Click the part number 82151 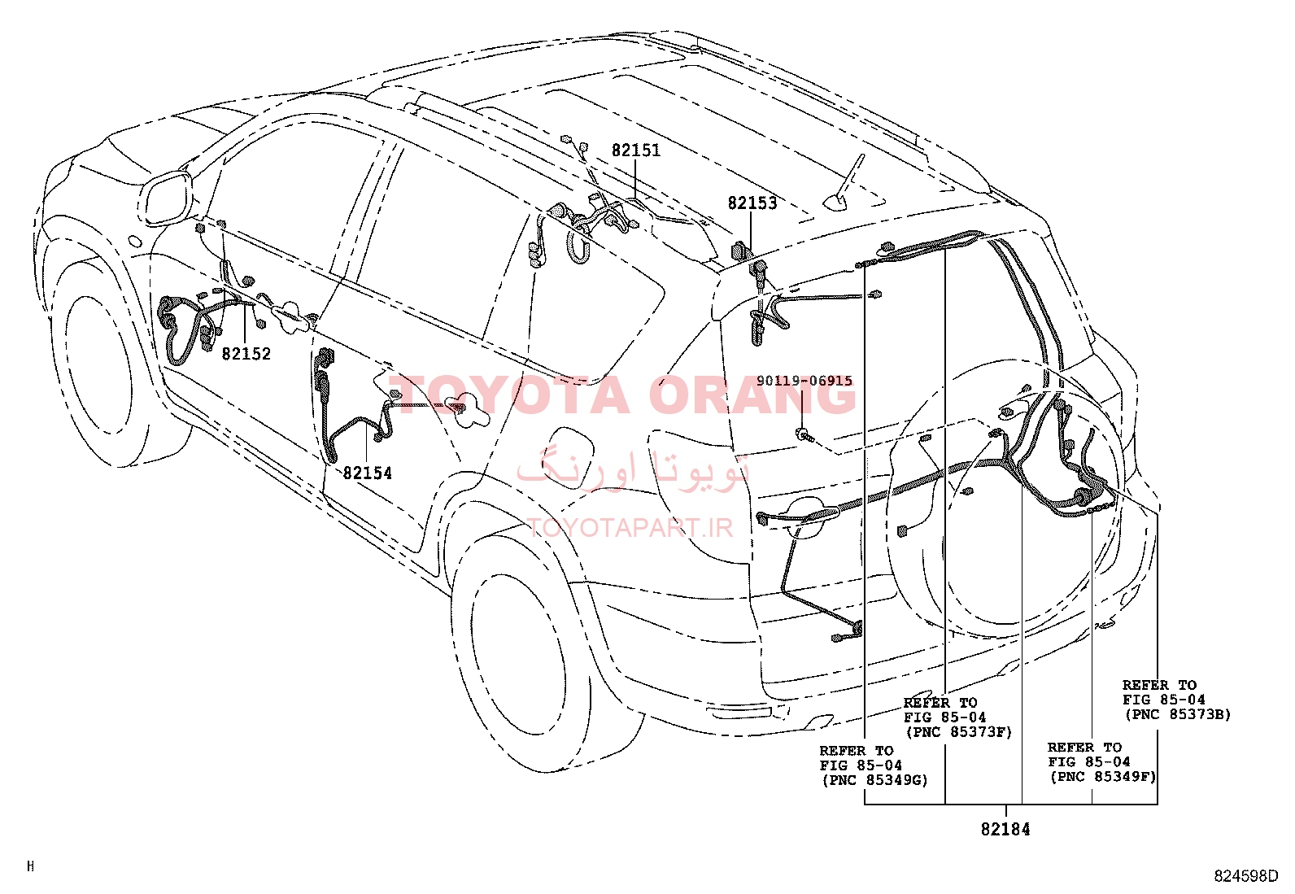coord(635,150)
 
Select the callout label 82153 coord(752,203)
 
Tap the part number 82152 coord(246,353)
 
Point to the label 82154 coord(367,473)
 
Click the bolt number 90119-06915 coord(804,381)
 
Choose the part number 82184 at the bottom coord(1005,829)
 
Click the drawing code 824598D coord(1246,876)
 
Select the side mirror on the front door coord(166,197)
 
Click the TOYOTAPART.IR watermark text coord(630,528)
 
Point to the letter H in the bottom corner coord(31,866)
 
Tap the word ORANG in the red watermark coord(752,395)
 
